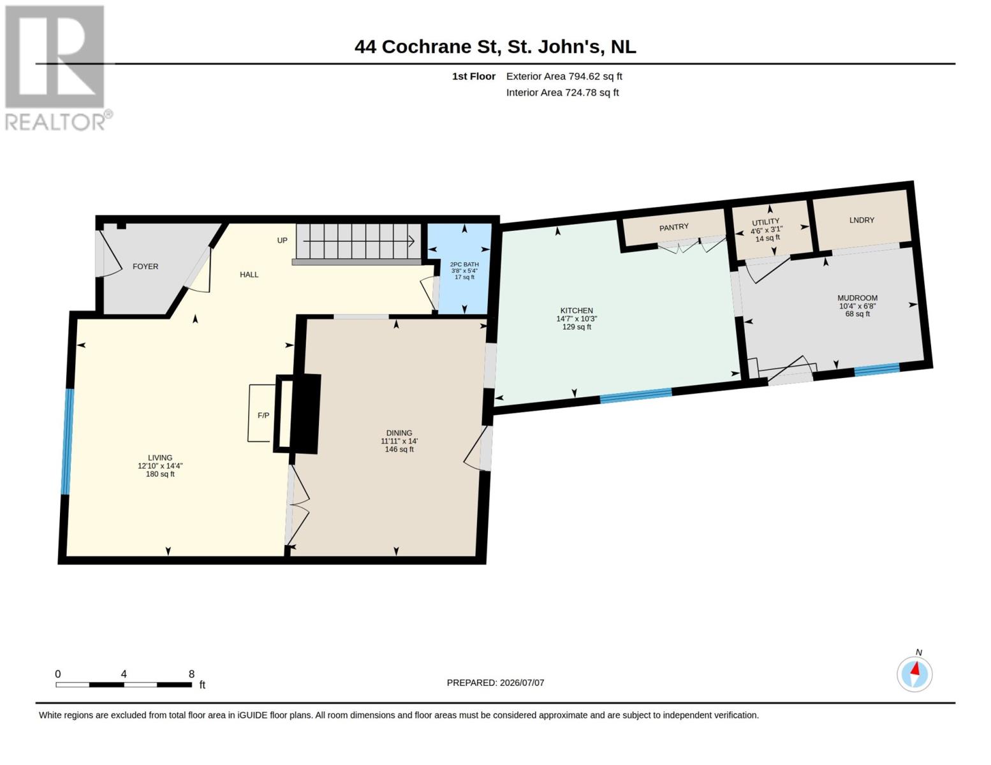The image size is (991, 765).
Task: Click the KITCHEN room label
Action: point(576,310)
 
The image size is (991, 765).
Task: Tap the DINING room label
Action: point(399,433)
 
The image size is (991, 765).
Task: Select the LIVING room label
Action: point(160,457)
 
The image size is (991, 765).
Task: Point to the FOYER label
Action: point(145,266)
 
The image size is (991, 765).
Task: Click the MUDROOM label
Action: point(857,298)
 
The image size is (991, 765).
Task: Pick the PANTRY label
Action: point(673,227)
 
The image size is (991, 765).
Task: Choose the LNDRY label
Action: point(862,220)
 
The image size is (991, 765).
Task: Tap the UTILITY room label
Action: point(766,222)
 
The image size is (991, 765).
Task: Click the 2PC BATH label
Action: point(464,265)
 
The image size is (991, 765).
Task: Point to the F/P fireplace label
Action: point(263,415)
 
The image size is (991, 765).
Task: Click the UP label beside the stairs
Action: point(283,240)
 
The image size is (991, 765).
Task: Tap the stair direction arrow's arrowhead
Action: point(411,240)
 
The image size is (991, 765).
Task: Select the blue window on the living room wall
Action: point(67,441)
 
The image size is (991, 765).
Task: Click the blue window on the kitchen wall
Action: point(636,396)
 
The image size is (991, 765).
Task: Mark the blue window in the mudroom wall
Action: point(876,369)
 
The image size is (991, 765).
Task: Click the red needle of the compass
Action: point(915,668)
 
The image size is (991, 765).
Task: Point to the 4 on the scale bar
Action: point(124,674)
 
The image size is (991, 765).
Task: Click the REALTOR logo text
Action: point(55,122)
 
